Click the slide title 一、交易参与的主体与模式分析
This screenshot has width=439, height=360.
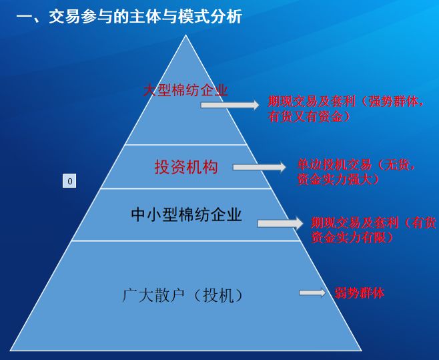pyautogui.click(x=129, y=17)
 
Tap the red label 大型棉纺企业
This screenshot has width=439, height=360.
pyautogui.click(x=185, y=90)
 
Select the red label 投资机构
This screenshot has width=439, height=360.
pyautogui.click(x=186, y=167)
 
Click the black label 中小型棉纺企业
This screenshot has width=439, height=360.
pyautogui.click(x=186, y=215)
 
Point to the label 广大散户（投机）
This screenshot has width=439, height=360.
pyautogui.click(x=183, y=295)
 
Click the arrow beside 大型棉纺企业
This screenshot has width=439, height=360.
pyautogui.click(x=230, y=105)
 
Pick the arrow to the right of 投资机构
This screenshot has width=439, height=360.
pyautogui.click(x=260, y=167)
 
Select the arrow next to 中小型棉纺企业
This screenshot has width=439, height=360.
pyautogui.click(x=280, y=224)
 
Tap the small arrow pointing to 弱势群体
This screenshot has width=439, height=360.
pyautogui.click(x=312, y=293)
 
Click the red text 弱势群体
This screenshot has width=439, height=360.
pyautogui.click(x=359, y=293)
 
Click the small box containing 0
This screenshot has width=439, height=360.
pyautogui.click(x=69, y=181)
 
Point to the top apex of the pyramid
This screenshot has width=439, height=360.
pyautogui.click(x=185, y=35)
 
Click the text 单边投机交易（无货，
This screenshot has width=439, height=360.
pyautogui.click(x=356, y=164)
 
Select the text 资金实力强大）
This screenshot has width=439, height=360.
pyautogui.click(x=338, y=179)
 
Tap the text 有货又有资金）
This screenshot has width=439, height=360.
pyautogui.click(x=310, y=116)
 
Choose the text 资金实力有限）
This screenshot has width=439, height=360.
pyautogui.click(x=352, y=238)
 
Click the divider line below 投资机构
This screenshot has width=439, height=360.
pyautogui.click(x=185, y=188)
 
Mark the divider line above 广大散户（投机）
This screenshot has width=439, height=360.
pyautogui.click(x=185, y=240)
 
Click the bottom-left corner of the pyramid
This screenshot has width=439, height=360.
pyautogui.click(x=10, y=351)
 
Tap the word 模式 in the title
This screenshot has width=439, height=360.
pyautogui.click(x=193, y=17)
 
